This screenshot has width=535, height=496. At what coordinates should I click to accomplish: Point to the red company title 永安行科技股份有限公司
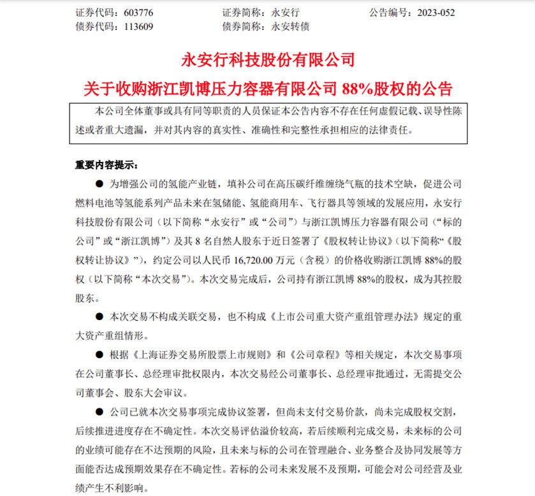(268, 61)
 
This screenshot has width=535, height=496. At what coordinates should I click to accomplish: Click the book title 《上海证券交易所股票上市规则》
(182, 353)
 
